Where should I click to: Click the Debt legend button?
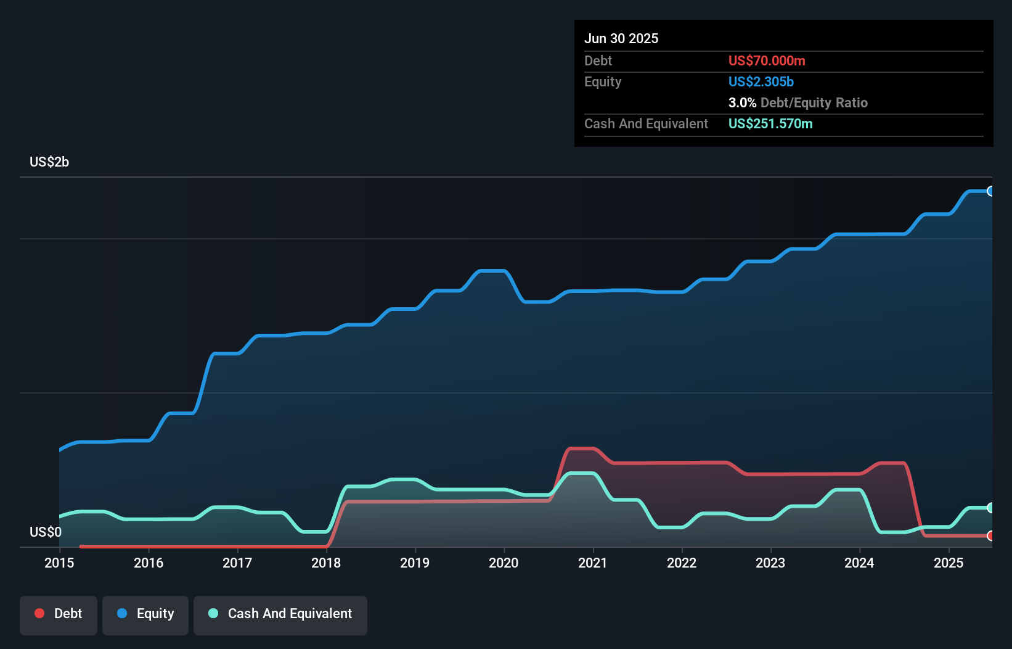pyautogui.click(x=59, y=614)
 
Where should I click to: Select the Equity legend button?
pyautogui.click(x=145, y=614)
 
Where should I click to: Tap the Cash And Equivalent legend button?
pyautogui.click(x=280, y=614)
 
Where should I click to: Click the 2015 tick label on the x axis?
pyautogui.click(x=59, y=563)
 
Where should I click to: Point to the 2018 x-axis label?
pyautogui.click(x=326, y=563)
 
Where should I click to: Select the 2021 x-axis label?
pyautogui.click(x=593, y=563)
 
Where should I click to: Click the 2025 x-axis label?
pyautogui.click(x=949, y=563)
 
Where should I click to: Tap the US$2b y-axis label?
pyautogui.click(x=49, y=162)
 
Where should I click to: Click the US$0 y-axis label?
pyautogui.click(x=46, y=532)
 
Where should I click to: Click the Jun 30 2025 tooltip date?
pyautogui.click(x=621, y=39)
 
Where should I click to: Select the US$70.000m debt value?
pyautogui.click(x=767, y=61)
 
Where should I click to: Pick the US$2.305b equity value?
pyautogui.click(x=761, y=82)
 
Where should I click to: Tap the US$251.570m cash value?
pyautogui.click(x=770, y=124)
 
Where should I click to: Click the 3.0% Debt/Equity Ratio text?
pyautogui.click(x=798, y=103)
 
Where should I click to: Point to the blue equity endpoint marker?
pyautogui.click(x=990, y=191)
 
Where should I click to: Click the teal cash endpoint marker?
pyautogui.click(x=990, y=508)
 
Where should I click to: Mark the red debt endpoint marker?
pyautogui.click(x=990, y=535)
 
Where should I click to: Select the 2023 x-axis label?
pyautogui.click(x=770, y=563)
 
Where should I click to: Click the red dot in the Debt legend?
pyautogui.click(x=39, y=613)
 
